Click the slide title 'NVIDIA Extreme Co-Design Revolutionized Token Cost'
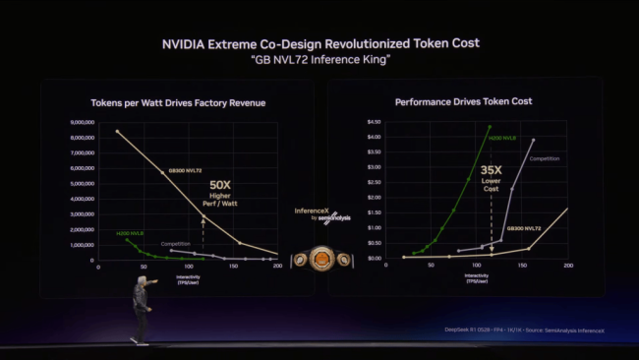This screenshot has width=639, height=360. [319, 43]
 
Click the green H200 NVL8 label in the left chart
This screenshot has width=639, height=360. [129, 233]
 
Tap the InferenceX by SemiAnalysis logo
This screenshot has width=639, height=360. [319, 214]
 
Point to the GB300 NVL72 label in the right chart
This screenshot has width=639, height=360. [524, 228]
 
